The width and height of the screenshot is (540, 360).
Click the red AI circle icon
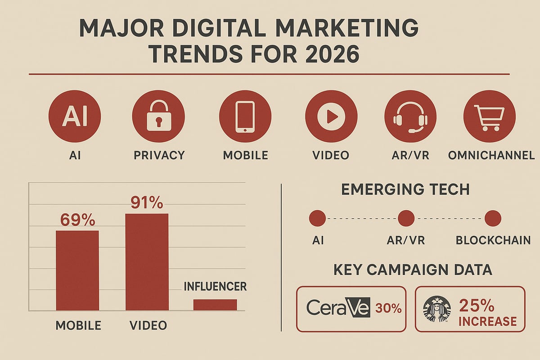coord(75,116)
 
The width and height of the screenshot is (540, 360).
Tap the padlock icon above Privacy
coord(158,116)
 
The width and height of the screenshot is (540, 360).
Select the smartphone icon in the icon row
coord(245,116)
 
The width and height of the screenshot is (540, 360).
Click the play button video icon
coord(331,116)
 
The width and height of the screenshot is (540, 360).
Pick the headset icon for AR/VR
coord(410,116)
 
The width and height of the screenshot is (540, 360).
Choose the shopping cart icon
coord(489,116)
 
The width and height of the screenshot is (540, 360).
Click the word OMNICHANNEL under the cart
coord(491,155)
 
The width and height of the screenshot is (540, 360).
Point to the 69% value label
coord(77,220)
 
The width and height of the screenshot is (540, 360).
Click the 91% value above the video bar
coord(147,203)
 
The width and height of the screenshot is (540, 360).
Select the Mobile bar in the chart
coord(77,270)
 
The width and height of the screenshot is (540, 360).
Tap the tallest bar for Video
coord(147,262)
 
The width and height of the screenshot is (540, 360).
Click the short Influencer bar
coord(215,305)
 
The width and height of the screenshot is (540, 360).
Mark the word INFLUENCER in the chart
coord(215,287)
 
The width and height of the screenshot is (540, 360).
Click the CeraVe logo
coord(338,308)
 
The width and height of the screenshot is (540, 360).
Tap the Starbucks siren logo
coord(435,309)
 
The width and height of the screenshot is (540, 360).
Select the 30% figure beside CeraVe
coord(388,309)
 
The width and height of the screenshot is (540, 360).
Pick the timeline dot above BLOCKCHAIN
coord(493,219)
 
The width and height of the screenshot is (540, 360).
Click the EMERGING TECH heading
coord(405,189)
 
